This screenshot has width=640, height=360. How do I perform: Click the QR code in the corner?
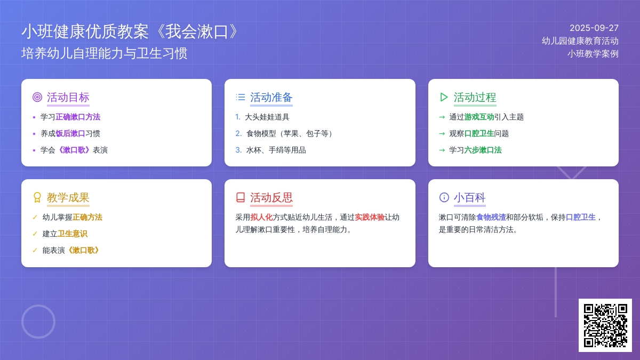click(x=605, y=325)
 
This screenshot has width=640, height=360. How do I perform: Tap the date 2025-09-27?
click(x=594, y=28)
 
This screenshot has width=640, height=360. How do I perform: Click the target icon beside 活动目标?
click(x=37, y=97)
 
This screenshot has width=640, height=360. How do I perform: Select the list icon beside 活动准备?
click(x=241, y=97)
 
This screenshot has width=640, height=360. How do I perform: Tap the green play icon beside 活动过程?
click(x=444, y=97)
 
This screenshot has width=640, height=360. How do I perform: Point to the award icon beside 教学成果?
click(x=37, y=197)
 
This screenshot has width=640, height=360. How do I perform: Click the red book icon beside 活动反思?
click(x=241, y=197)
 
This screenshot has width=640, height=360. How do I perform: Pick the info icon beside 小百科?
click(x=444, y=197)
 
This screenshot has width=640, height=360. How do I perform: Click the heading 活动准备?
click(x=271, y=97)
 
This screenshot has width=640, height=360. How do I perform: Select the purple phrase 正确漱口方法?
click(x=78, y=117)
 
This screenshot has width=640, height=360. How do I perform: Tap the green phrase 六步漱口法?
click(x=483, y=150)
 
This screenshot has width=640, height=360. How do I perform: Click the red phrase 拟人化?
click(x=261, y=217)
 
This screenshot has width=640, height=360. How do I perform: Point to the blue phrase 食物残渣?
click(x=491, y=217)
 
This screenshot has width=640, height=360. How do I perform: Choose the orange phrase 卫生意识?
click(x=73, y=234)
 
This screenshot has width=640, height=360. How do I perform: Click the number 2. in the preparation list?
click(x=238, y=133)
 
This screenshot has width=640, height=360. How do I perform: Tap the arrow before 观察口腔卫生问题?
click(x=442, y=133)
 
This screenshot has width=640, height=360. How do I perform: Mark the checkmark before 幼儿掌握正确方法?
click(x=35, y=217)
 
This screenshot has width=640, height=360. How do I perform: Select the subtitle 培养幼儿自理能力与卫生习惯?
click(x=105, y=53)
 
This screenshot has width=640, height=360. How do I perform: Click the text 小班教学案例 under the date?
click(x=593, y=54)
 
